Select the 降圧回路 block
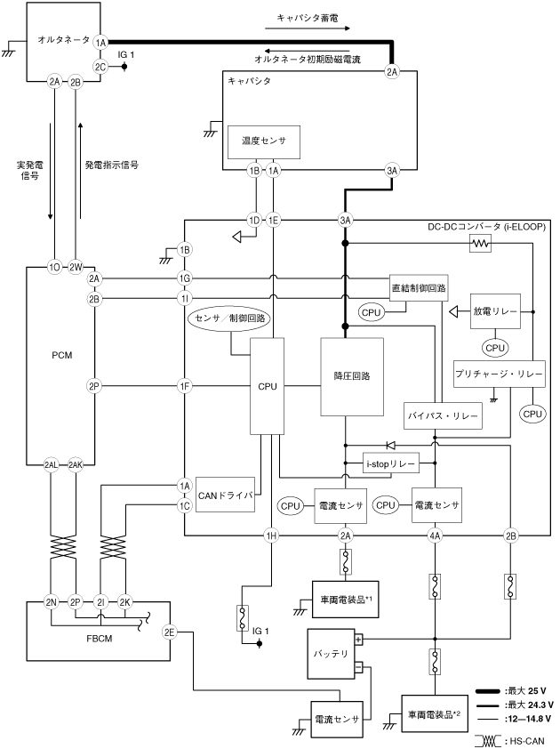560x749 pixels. pyautogui.click(x=351, y=376)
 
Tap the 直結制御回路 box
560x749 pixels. pyautogui.click(x=418, y=288)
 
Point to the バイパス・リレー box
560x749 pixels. pyautogui.click(x=442, y=415)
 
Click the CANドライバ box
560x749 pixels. pyautogui.click(x=225, y=495)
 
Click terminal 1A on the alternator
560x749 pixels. pyautogui.click(x=100, y=42)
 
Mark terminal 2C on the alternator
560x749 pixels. pyautogui.click(x=100, y=66)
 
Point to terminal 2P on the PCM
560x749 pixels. pyautogui.click(x=94, y=386)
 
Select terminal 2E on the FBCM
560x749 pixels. pyautogui.click(x=169, y=632)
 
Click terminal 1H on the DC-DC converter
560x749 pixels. pyautogui.click(x=272, y=535)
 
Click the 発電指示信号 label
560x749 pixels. pyautogui.click(x=111, y=165)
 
